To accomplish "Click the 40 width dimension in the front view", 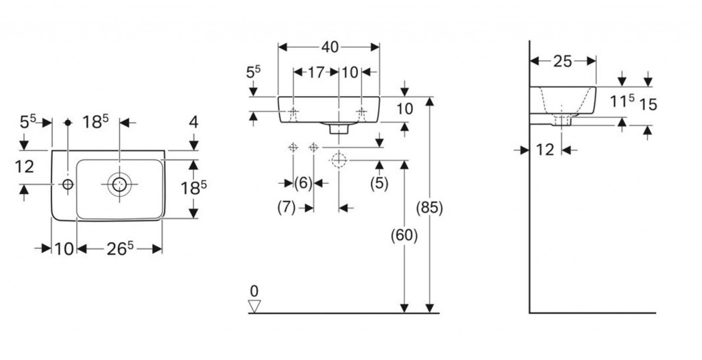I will click(329, 47).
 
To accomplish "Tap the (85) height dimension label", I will click(429, 208).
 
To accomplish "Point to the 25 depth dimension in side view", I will click(562, 62).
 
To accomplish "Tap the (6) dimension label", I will click(303, 183).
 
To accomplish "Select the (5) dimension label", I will click(379, 183).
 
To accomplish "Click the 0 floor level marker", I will click(255, 291).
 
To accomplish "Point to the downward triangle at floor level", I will click(255, 306).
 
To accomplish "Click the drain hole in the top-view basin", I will click(119, 184).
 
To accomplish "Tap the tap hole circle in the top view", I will click(68, 184).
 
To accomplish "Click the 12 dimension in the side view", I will click(544, 149).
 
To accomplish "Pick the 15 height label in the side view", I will click(648, 104).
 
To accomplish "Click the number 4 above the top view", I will click(193, 123).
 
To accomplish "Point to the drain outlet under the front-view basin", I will click(338, 128).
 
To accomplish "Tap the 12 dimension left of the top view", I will click(24, 167).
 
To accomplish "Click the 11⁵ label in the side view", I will click(622, 102).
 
